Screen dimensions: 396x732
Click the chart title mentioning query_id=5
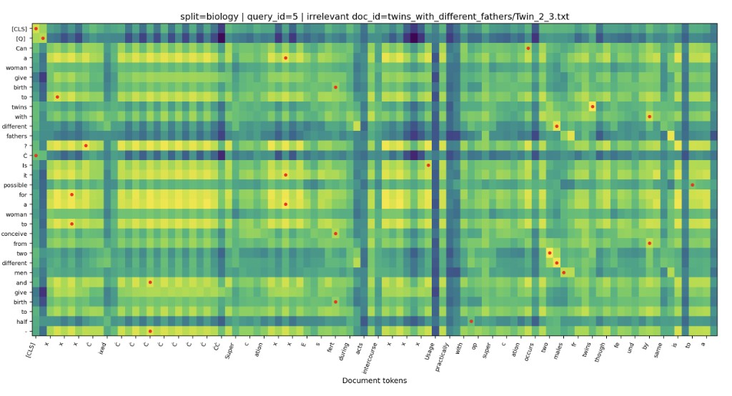click(x=374, y=16)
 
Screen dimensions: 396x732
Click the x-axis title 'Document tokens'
click(x=374, y=380)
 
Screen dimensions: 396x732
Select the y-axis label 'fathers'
click(x=16, y=136)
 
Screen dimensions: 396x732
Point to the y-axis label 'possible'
click(x=15, y=184)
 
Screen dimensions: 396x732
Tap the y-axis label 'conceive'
click(x=15, y=234)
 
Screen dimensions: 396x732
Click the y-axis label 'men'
click(x=21, y=272)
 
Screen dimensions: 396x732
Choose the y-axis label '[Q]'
click(x=21, y=39)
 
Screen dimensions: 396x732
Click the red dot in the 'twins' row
click(x=592, y=107)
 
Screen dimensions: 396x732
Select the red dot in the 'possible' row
click(x=692, y=185)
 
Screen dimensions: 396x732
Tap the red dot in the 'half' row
click(x=471, y=321)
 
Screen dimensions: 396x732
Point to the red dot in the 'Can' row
click(x=528, y=48)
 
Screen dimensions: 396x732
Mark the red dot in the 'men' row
click(x=563, y=272)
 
